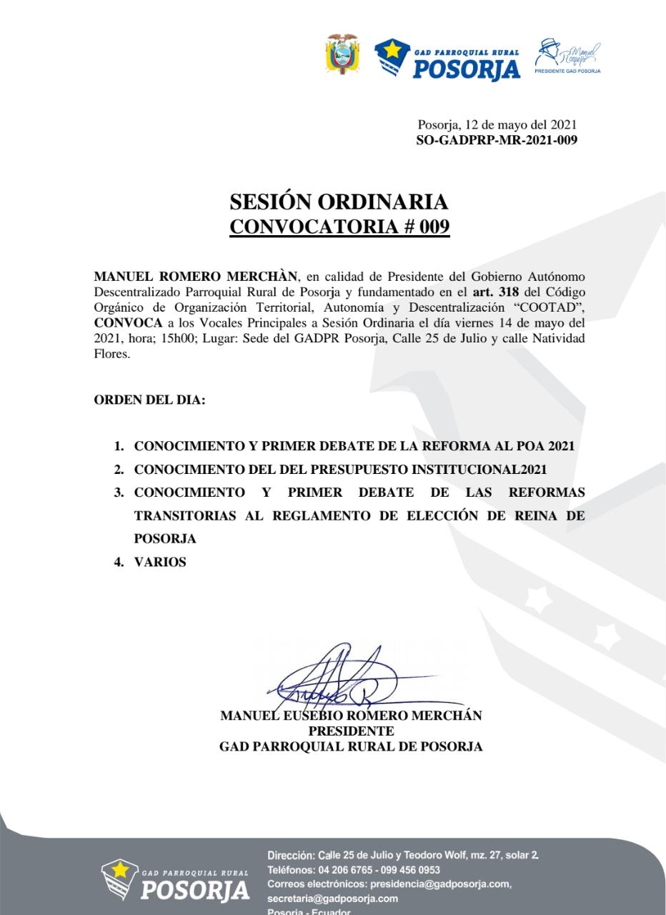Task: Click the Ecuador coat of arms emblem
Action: pyautogui.click(x=342, y=54)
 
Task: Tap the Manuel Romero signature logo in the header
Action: pyautogui.click(x=569, y=56)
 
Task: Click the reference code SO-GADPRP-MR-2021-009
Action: pyautogui.click(x=497, y=140)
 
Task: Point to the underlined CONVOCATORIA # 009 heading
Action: pyautogui.click(x=339, y=227)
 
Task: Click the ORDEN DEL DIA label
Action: pyautogui.click(x=149, y=400)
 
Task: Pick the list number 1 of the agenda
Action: pyautogui.click(x=119, y=446)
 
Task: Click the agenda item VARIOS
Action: pyautogui.click(x=160, y=562)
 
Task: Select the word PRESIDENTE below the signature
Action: pyautogui.click(x=351, y=731)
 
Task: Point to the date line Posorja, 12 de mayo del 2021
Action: pyautogui.click(x=497, y=126)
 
